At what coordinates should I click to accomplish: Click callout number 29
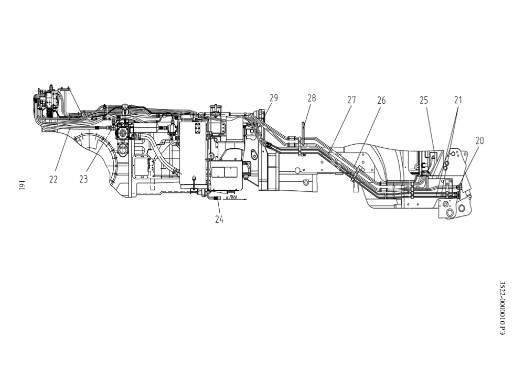coord(274,98)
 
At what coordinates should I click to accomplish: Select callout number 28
coord(312,98)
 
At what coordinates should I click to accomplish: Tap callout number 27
coord(351,100)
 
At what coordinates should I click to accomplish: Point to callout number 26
coord(381,100)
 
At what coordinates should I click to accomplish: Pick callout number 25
coord(424,100)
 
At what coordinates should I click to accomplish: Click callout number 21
coord(458,100)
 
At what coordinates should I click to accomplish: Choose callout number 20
coord(479,141)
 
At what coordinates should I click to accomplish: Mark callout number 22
coord(54,179)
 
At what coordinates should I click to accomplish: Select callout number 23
coord(83,179)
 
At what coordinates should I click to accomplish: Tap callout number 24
coord(219,220)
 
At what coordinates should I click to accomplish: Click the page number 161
coord(21,184)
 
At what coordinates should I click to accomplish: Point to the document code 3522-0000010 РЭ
coord(502,308)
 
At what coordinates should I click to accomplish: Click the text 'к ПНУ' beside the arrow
coord(231,198)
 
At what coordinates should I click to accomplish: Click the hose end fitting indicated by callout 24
coord(216,199)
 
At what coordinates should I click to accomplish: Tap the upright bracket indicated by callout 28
coord(303,138)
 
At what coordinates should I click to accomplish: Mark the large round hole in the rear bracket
coord(450,213)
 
